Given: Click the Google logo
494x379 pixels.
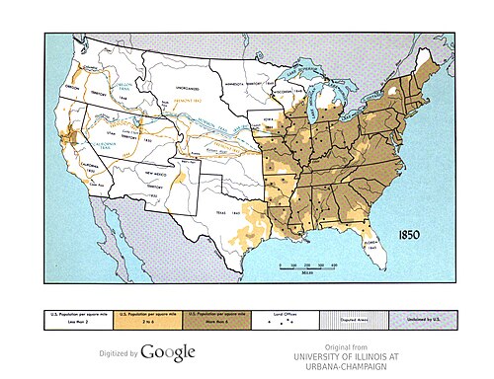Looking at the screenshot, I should pyautogui.click(x=167, y=352).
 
